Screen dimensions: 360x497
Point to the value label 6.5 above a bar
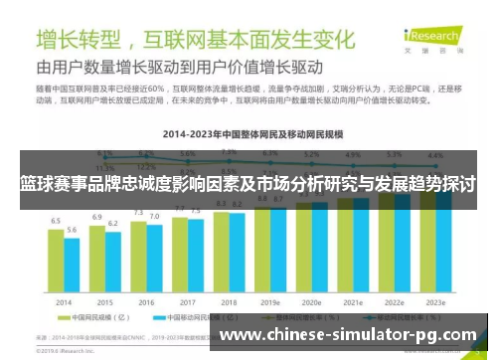pos(56,221)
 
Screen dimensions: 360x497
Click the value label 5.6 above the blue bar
pos(72,230)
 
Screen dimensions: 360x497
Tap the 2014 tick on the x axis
pos(64,301)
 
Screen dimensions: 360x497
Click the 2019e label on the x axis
pos(271,301)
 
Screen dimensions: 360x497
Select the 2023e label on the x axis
pos(436,301)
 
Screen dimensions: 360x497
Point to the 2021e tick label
pos(354,301)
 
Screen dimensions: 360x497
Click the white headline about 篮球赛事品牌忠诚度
pos(248,184)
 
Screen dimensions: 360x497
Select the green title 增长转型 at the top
pos(79,40)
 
